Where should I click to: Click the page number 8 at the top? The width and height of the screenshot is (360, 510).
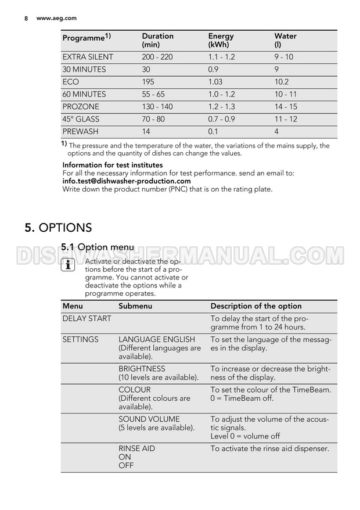point(26,18)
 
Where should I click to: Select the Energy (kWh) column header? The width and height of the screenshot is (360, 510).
point(221,40)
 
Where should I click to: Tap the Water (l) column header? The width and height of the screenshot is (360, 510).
point(285,40)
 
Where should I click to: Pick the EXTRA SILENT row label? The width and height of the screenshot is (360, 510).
point(88,57)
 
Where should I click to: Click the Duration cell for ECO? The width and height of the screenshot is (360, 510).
point(150,82)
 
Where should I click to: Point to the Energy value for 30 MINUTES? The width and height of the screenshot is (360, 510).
point(214,70)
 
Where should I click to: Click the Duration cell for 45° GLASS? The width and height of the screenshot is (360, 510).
point(153,119)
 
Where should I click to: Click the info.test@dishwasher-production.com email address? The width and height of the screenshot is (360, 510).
point(126,181)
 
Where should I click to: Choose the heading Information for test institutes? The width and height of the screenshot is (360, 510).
point(113,166)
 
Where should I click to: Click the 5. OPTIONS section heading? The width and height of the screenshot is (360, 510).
point(58,228)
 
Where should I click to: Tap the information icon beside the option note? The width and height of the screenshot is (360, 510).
point(68,267)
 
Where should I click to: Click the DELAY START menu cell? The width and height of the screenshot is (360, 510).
point(87,318)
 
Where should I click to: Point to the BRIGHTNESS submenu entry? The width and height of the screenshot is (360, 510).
point(142,369)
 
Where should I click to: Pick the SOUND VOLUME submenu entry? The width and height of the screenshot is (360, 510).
point(149,419)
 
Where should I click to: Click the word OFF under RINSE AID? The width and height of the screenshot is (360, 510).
point(126,465)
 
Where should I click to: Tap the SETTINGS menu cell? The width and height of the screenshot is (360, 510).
point(80,339)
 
